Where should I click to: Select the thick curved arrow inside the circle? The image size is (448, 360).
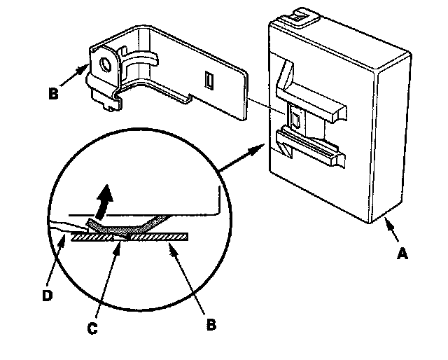point(103,200)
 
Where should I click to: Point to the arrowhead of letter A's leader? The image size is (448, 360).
point(386,223)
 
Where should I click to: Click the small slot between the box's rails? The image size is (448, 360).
point(295,120)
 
